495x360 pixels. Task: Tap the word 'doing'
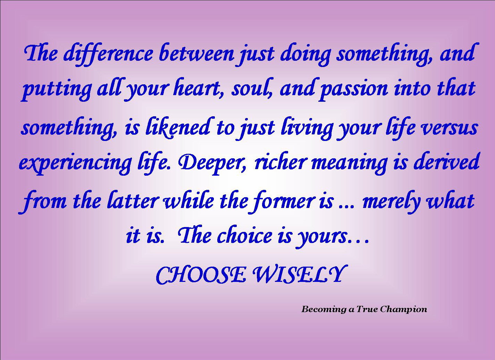[x=305, y=55]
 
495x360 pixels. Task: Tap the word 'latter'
[x=132, y=201]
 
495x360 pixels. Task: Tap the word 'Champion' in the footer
[x=403, y=309]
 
